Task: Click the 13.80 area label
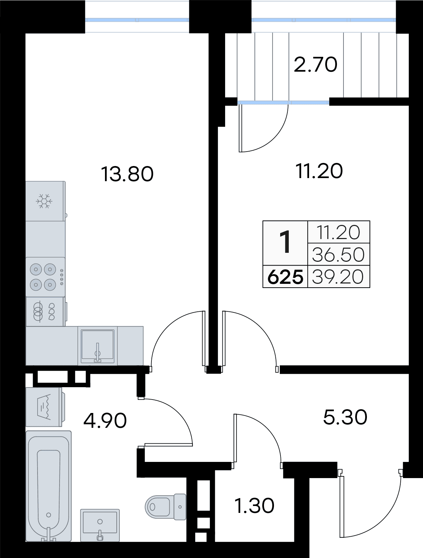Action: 127,174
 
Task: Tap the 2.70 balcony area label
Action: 316,64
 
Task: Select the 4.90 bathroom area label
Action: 105,421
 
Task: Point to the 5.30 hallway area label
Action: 345,417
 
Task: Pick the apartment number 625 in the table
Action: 285,277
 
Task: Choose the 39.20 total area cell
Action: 338,277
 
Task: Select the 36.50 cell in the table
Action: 338,255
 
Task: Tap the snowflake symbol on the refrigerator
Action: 44,201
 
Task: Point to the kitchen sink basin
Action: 97,346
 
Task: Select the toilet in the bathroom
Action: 166,507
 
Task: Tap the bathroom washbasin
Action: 100,525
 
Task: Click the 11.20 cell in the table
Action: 339,232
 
